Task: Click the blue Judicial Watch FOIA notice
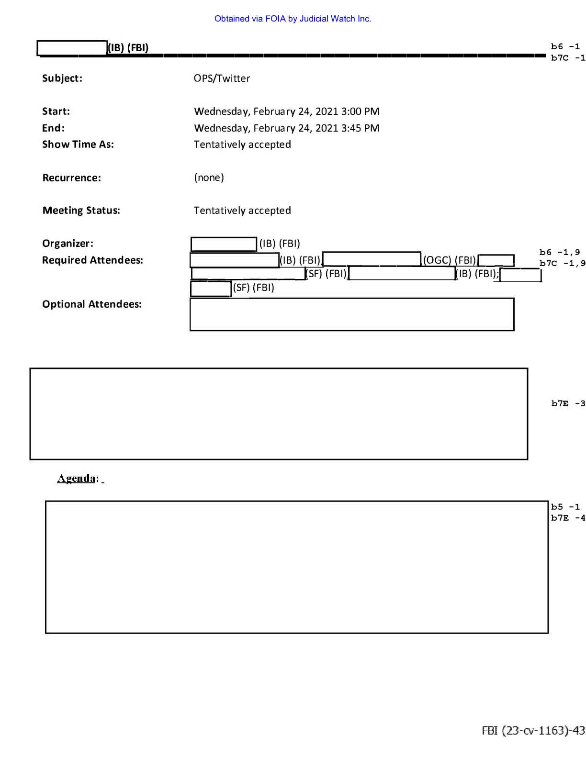(x=293, y=19)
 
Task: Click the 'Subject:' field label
(x=62, y=78)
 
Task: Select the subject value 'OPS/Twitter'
(x=222, y=78)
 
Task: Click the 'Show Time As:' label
(x=78, y=145)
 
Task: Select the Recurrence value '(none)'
(x=209, y=178)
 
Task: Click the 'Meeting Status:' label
(x=81, y=211)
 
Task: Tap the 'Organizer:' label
(x=68, y=243)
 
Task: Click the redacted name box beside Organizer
(x=224, y=244)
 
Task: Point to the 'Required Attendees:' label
(x=92, y=260)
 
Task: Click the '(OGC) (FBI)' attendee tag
(x=450, y=260)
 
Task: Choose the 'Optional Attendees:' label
(x=92, y=304)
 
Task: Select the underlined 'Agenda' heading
(x=76, y=478)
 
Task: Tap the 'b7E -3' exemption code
(x=568, y=403)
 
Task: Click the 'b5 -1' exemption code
(x=565, y=506)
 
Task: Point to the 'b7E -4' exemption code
(x=568, y=518)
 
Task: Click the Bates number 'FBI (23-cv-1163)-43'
(x=533, y=730)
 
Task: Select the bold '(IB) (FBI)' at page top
(x=128, y=47)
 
